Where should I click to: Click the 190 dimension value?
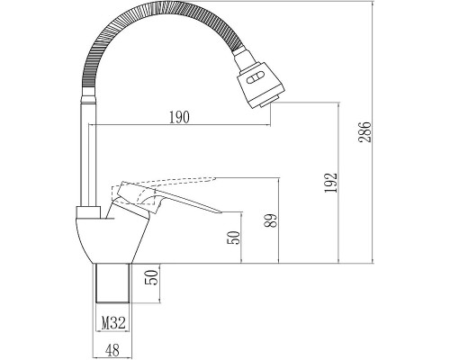179,117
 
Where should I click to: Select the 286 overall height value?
365,132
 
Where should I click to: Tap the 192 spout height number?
331,183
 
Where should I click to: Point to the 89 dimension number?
272,220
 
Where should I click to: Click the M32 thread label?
113,323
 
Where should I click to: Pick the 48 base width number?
112,350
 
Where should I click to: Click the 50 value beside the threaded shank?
151,277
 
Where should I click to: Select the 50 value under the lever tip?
234,238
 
